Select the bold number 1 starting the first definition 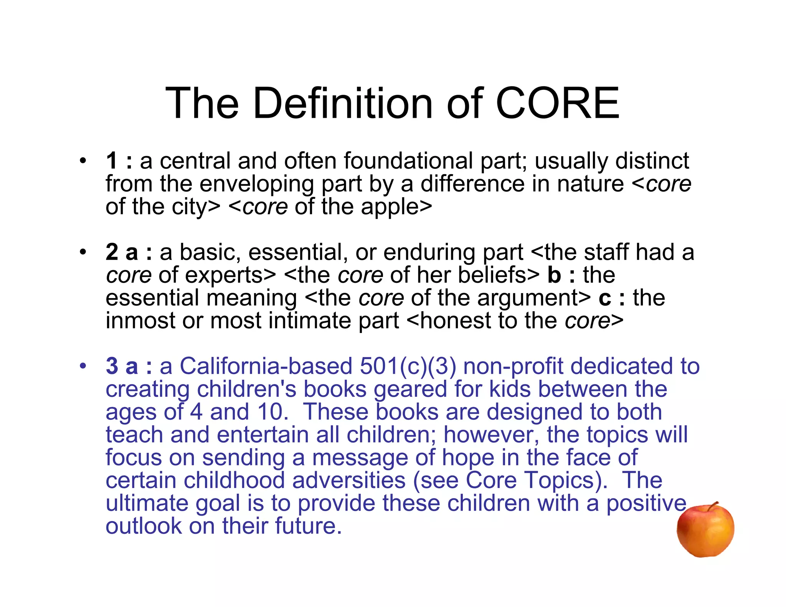pyautogui.click(x=112, y=161)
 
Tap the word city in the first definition pyautogui.click(x=186, y=207)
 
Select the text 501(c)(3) pyautogui.click(x=408, y=366)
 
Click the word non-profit pyautogui.click(x=513, y=366)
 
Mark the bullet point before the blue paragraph pyautogui.click(x=83, y=366)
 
